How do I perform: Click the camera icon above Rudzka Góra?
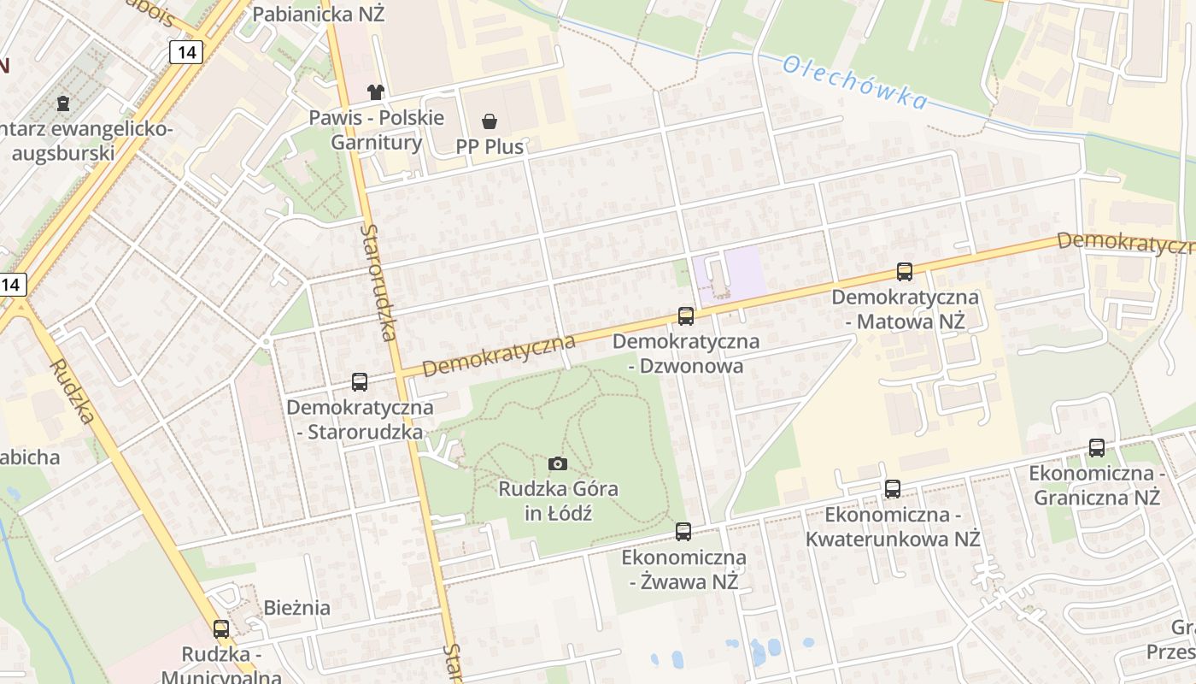click(x=558, y=463)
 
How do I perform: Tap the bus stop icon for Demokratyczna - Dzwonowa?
click(x=686, y=316)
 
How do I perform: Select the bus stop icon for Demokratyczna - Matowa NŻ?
click(x=905, y=272)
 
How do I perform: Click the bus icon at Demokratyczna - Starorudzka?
click(x=360, y=382)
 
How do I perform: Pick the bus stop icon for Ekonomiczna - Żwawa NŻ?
click(x=683, y=532)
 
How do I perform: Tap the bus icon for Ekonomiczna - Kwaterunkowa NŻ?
click(x=893, y=489)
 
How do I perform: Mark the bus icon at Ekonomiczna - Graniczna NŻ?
click(x=1097, y=447)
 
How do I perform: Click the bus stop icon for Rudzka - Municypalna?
click(x=221, y=629)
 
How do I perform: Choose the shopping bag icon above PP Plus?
click(x=490, y=121)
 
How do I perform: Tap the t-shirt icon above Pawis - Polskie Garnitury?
click(x=376, y=91)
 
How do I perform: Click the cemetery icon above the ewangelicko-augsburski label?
click(x=62, y=103)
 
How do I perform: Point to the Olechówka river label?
click(x=854, y=83)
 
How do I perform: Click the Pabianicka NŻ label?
click(x=319, y=15)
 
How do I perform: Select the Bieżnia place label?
click(x=297, y=608)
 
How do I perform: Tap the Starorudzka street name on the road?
click(x=378, y=282)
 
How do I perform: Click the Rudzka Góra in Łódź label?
click(x=559, y=501)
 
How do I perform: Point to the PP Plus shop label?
click(x=490, y=146)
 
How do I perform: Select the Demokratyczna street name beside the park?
click(x=498, y=355)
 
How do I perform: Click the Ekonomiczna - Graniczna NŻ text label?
click(x=1097, y=485)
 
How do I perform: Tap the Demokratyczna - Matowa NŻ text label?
click(x=905, y=310)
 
